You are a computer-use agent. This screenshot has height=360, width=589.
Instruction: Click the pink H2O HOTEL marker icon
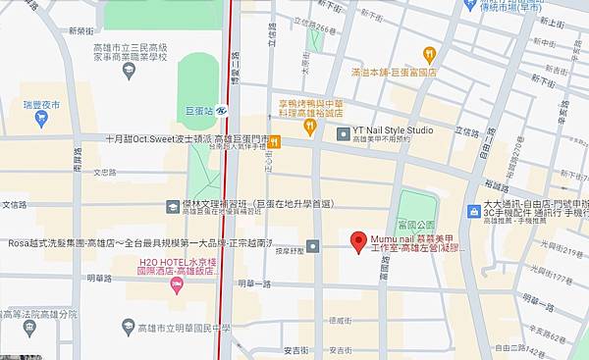[x=178, y=285]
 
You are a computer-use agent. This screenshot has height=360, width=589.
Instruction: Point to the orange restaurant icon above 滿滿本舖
[x=428, y=53]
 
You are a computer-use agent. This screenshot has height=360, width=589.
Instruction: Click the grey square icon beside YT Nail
[x=343, y=133]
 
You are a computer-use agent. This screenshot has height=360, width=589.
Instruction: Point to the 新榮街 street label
[x=82, y=30]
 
